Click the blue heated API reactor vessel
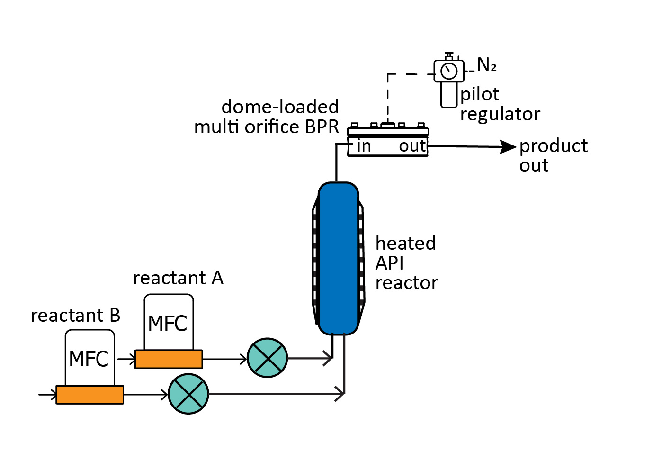coord(338,259)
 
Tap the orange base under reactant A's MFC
coord(169,359)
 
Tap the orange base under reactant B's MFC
coord(89,395)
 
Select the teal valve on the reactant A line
coord(268,358)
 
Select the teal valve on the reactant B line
coord(188,394)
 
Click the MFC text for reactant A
coord(168,324)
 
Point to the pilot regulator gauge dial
coord(449,71)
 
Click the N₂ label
coord(486,65)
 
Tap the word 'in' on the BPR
coord(364,146)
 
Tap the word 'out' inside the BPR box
coord(412,146)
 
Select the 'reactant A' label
coord(178,278)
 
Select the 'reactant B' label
coord(75,316)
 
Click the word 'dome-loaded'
coord(280,107)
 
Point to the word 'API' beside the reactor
coord(389,263)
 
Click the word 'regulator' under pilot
coord(500,115)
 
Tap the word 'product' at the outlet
coord(553,146)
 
